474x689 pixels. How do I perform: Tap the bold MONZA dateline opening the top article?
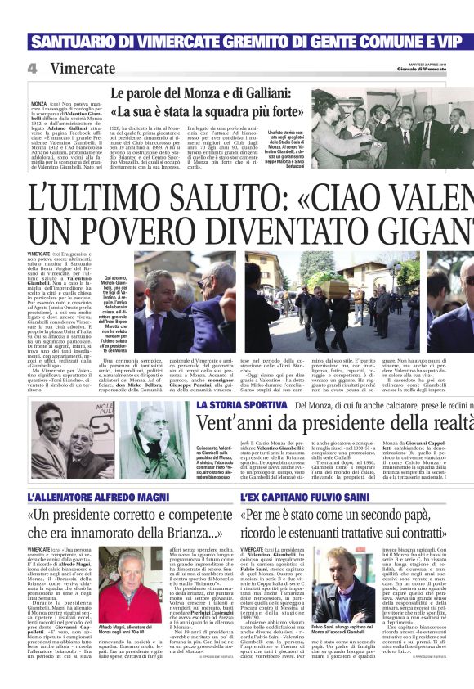[61, 105]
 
